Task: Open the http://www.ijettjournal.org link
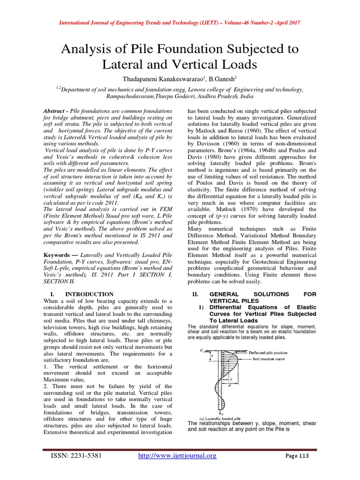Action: click(x=177, y=456)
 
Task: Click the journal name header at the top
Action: click(x=180, y=23)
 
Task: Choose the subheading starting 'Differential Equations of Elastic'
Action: click(x=252, y=307)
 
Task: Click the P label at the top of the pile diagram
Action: click(x=201, y=350)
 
